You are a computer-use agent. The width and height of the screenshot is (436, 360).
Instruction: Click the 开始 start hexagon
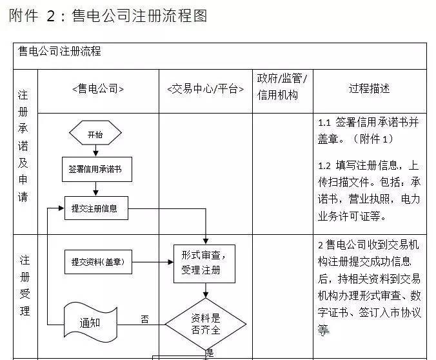coord(95,134)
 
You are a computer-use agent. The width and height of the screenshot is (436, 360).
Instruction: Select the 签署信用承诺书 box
coord(95,170)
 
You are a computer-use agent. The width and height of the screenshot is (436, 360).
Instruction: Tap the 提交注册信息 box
coord(95,208)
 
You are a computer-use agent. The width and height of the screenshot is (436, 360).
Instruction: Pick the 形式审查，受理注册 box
coord(204,263)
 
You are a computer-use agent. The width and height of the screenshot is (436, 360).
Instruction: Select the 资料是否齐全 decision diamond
coord(206,324)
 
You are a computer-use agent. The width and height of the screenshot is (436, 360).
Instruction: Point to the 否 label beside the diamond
coord(144,319)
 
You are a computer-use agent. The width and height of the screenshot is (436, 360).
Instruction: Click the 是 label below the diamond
coord(210,353)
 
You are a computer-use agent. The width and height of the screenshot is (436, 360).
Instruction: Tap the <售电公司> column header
coord(98,89)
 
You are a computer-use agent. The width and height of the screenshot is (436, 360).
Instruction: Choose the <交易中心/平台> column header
coord(205,89)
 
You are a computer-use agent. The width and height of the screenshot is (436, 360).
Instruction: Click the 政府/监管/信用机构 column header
coord(282,87)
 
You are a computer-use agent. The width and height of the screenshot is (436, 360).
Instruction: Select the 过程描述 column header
coord(370,88)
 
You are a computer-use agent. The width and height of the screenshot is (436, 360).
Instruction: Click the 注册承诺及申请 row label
coord(24,145)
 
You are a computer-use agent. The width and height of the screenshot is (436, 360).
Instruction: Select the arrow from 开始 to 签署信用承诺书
coord(95,151)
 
